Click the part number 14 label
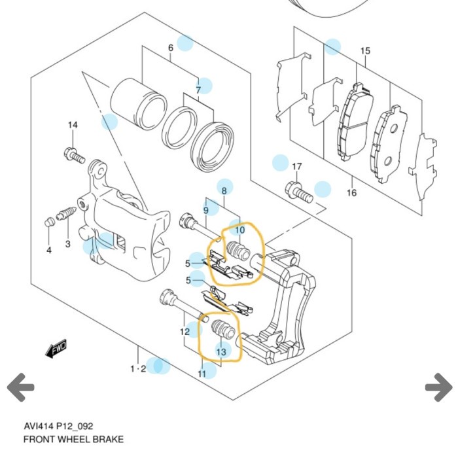tap(73, 125)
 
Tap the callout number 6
tap(171, 48)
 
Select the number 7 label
tap(198, 90)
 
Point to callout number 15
tap(365, 50)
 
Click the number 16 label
tap(351, 192)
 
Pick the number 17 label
tap(296, 167)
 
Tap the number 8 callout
tap(224, 190)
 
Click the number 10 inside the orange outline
tap(239, 230)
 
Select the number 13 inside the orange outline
tap(221, 352)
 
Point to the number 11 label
tap(202, 373)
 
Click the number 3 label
tap(67, 245)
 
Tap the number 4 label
tap(48, 250)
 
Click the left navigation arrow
tap(21, 388)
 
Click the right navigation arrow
tap(438, 388)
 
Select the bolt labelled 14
tap(74, 156)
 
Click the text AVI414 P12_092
tap(58, 426)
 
